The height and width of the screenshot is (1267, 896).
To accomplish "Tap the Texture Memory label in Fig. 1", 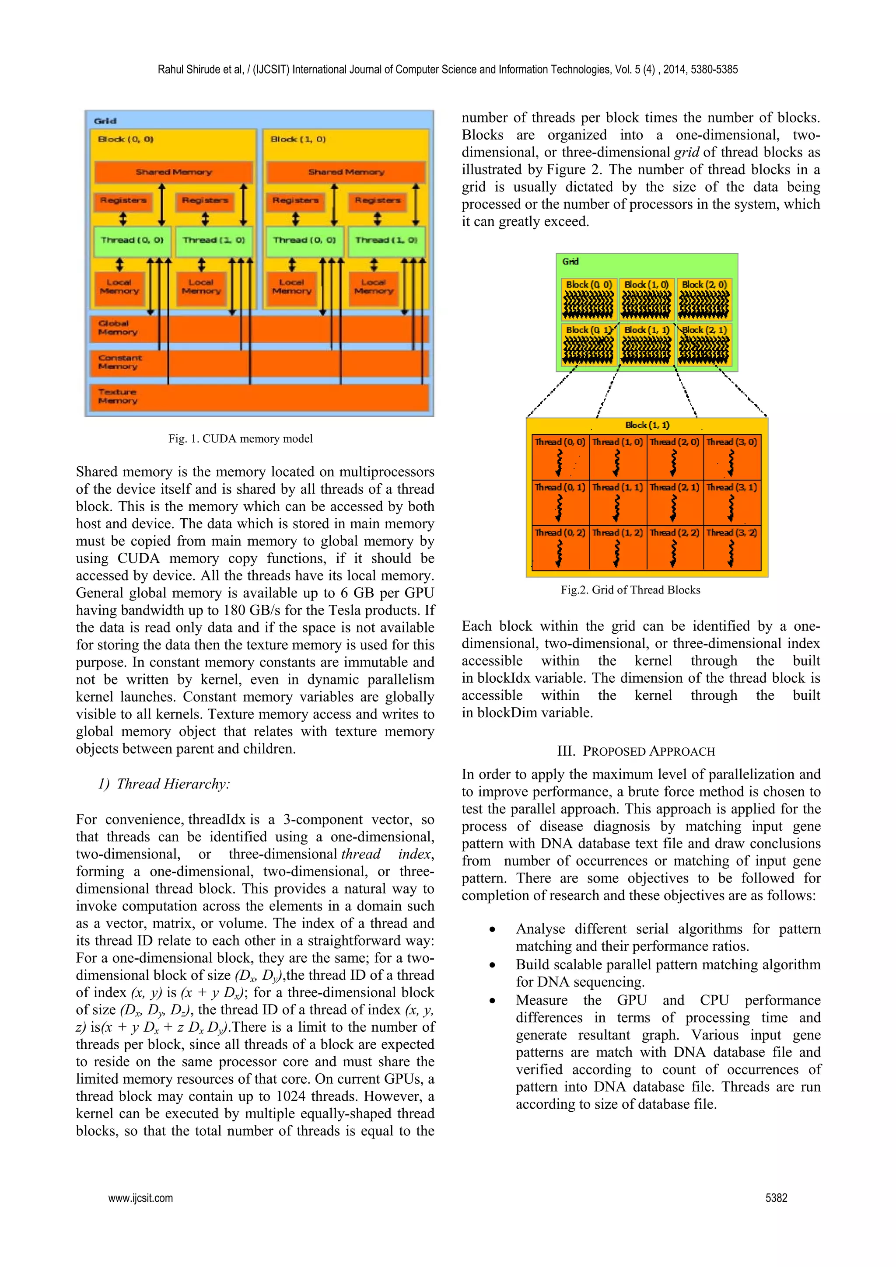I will (118, 396).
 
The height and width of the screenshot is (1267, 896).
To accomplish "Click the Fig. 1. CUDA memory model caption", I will (240, 439).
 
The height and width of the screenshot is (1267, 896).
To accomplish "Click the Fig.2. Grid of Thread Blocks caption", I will (630, 590).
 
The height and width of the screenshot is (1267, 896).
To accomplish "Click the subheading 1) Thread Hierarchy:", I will (164, 784).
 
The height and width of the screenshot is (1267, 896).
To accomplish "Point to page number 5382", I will (776, 1197).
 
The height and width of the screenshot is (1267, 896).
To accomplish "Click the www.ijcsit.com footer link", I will (140, 1197).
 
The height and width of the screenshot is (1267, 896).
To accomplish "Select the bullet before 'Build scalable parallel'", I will (492, 965).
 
